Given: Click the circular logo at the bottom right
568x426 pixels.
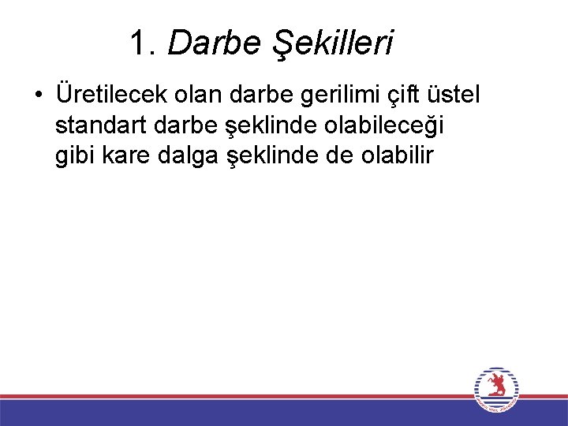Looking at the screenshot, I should [496, 390].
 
